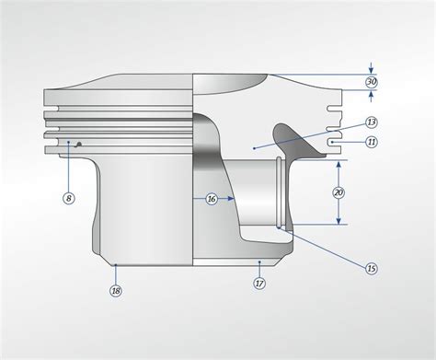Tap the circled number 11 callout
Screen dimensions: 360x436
[x=370, y=142]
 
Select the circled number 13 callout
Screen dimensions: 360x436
[x=371, y=122]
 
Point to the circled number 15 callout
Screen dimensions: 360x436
[x=372, y=268]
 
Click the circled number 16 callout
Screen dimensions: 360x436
[x=212, y=198]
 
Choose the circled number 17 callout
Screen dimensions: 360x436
[x=259, y=284]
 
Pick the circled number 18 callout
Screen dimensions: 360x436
[x=116, y=290]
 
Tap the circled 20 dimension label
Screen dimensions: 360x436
[x=338, y=192]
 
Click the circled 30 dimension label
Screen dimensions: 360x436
[x=371, y=81]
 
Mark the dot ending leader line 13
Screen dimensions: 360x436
[x=252, y=147]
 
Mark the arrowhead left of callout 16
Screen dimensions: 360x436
[x=195, y=198]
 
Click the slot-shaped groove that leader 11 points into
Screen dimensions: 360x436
[x=336, y=142]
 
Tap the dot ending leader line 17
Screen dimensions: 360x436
[x=256, y=262]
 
